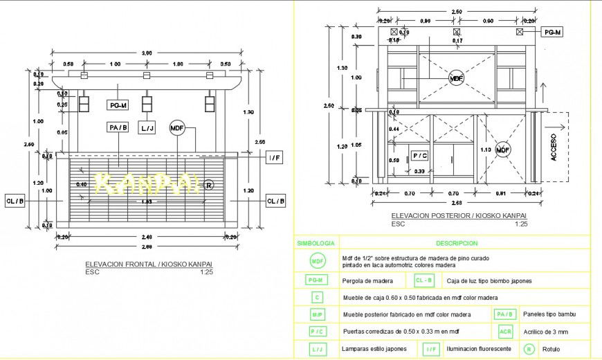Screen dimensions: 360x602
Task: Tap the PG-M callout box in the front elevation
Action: [x=118, y=105]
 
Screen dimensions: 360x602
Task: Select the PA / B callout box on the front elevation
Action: [x=118, y=127]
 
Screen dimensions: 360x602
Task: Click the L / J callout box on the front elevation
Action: [x=147, y=128]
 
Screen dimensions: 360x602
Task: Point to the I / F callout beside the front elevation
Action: [x=274, y=159]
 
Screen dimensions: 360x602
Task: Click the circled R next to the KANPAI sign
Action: [x=210, y=185]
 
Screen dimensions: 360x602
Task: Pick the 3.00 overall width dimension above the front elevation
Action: [x=147, y=53]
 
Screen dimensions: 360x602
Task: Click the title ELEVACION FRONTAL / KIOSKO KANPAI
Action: [x=148, y=264]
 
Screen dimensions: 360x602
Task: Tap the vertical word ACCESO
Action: [x=553, y=147]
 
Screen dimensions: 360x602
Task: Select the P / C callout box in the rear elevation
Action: [x=420, y=156]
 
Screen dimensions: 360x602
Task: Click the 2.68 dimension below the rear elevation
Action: [x=455, y=203]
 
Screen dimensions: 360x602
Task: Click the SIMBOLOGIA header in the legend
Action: [x=316, y=244]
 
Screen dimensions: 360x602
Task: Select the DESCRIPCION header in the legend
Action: [x=457, y=244]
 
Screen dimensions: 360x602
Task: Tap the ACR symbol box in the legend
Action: [x=506, y=332]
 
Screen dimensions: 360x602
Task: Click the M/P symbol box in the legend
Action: [x=316, y=314]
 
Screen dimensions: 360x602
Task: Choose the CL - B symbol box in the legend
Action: [x=425, y=280]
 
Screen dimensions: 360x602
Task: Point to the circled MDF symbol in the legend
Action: [x=316, y=261]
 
